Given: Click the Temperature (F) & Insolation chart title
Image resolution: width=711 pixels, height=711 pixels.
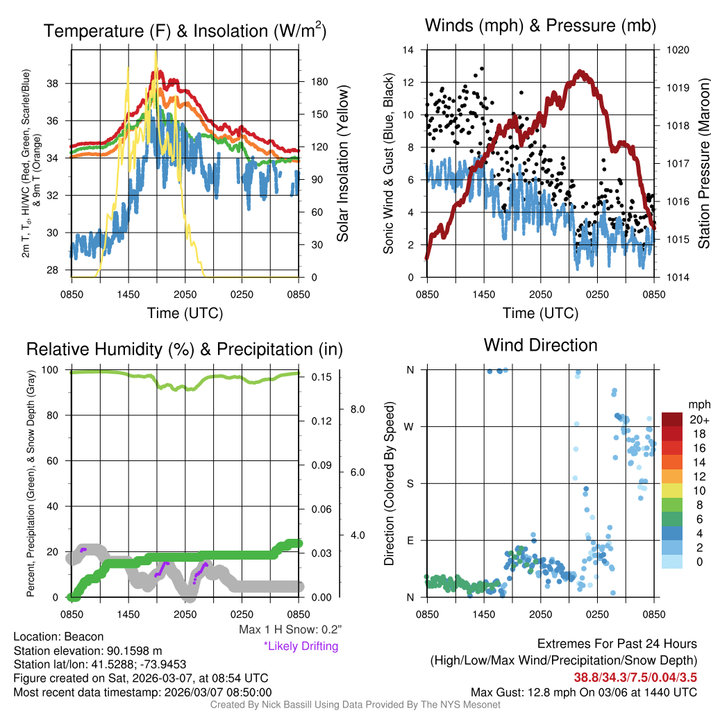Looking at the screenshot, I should click(185, 31).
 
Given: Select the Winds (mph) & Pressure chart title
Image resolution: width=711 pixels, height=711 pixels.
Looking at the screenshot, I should click(540, 26).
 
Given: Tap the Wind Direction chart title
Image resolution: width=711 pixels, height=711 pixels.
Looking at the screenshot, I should click(540, 345).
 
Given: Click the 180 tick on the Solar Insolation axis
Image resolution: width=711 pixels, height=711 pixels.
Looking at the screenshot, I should click(320, 82).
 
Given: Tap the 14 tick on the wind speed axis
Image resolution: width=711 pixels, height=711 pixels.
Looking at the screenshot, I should click(408, 50).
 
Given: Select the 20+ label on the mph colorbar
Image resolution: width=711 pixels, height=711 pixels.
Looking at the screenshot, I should click(699, 419).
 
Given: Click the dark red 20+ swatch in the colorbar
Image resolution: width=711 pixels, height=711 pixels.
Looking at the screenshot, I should click(673, 419).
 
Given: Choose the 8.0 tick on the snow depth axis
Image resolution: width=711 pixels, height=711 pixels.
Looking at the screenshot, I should click(358, 409).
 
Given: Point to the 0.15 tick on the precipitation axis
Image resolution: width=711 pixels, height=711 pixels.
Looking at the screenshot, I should click(320, 377).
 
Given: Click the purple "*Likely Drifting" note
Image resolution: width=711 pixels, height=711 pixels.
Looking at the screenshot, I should click(301, 646).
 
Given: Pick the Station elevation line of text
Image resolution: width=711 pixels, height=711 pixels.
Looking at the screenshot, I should click(87, 651).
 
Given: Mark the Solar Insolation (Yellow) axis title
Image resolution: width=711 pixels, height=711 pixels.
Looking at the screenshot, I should click(342, 163).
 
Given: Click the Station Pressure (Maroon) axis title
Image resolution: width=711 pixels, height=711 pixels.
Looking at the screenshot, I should click(703, 163).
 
